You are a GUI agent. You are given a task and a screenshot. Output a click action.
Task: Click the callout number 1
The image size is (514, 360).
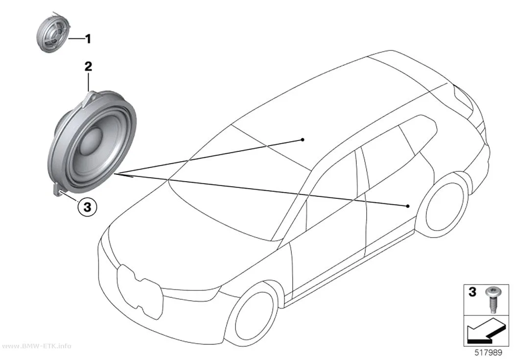pyautogui.click(x=88, y=39)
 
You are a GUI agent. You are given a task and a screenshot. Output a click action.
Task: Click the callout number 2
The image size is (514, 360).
pyautogui.click(x=88, y=67)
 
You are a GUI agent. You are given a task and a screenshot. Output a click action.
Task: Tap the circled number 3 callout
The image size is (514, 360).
pyautogui.click(x=87, y=207)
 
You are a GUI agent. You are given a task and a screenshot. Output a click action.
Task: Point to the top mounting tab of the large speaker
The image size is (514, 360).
pyautogui.click(x=91, y=97)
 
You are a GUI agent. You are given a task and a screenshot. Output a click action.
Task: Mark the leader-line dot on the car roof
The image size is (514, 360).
pyautogui.click(x=303, y=140)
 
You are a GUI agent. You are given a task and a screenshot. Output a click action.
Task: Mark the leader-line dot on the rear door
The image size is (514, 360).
pyautogui.click(x=407, y=206)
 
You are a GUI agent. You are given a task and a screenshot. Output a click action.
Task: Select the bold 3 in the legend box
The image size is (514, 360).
pyautogui.click(x=472, y=292)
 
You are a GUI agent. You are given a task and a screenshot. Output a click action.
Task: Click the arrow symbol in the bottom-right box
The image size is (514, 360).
pyautogui.click(x=485, y=331)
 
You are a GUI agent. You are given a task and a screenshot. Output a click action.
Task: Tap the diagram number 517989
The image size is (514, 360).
pyautogui.click(x=489, y=353)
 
